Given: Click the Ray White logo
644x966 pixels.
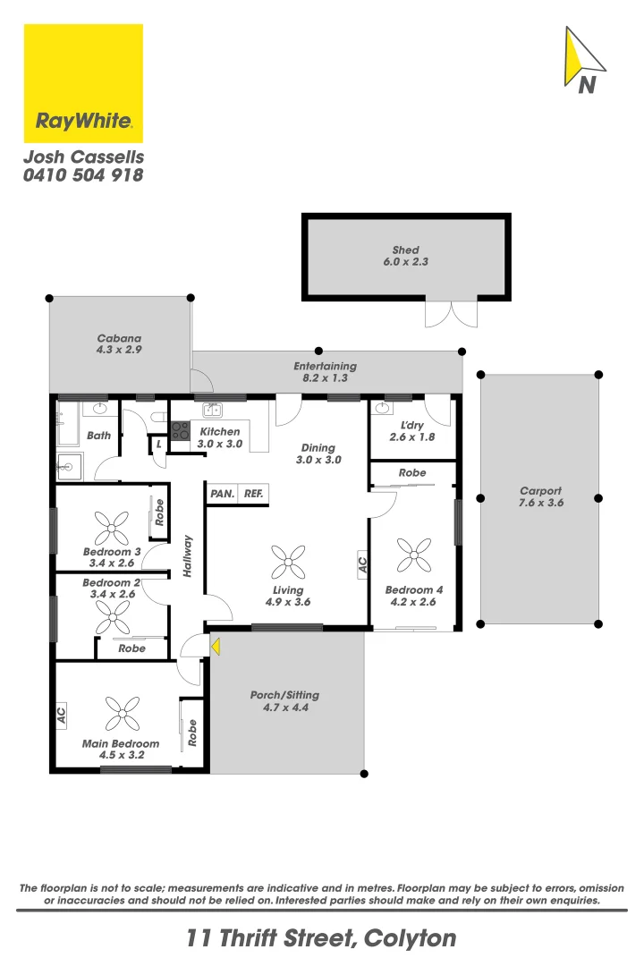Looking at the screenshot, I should (83, 83).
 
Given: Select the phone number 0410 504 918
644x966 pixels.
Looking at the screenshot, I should (82, 176).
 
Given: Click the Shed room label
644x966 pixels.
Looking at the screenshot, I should (405, 250).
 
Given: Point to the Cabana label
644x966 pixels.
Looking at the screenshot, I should (119, 339).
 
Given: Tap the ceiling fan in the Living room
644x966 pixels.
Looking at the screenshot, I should (287, 563).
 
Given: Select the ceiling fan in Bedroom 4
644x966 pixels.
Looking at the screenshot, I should (414, 555).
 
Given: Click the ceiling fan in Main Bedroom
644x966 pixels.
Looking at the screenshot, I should (122, 714).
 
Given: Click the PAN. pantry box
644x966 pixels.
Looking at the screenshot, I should (222, 494).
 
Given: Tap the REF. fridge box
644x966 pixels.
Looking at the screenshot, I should (253, 494).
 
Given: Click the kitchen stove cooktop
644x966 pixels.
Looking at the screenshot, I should (180, 431).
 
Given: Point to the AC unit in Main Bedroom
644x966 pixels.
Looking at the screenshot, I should (62, 716).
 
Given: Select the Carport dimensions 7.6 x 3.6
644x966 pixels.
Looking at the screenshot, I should (540, 503).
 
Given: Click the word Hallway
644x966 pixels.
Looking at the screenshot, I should (188, 555).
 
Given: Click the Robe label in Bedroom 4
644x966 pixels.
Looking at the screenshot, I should (412, 472).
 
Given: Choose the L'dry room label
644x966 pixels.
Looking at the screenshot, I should (411, 425).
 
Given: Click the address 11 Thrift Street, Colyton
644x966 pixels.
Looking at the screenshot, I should (321, 938).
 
